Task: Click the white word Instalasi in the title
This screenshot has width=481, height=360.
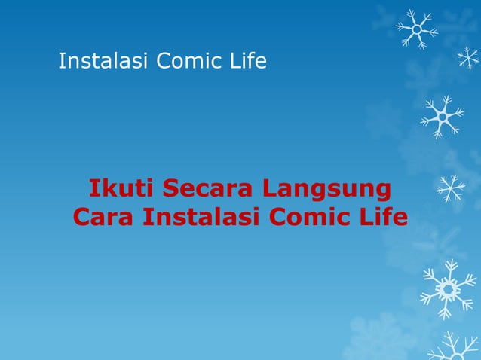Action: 103,61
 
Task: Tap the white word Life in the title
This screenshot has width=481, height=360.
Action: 249,61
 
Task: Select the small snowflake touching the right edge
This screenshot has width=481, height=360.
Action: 468,58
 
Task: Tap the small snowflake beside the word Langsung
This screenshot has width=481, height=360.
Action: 451,188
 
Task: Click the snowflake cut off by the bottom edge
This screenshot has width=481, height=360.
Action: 455,348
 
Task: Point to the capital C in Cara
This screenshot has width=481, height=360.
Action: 82,217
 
